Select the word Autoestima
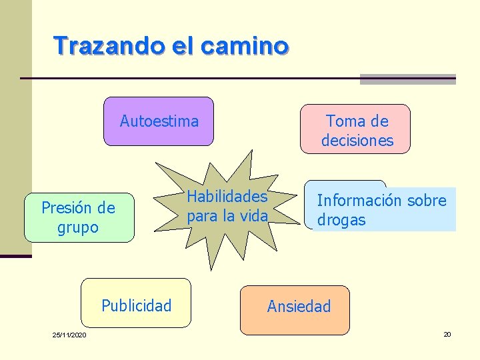tap(159, 121)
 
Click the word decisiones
tap(357, 141)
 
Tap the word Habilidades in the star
tap(227, 197)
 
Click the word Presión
tap(69, 208)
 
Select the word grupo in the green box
tap(79, 227)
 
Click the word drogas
tap(341, 220)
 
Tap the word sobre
tap(427, 200)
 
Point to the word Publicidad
tap(137, 306)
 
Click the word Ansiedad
tap(299, 307)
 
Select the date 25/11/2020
tap(69, 334)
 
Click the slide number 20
tap(447, 334)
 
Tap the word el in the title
tap(185, 45)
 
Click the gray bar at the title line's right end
tap(407, 79)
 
